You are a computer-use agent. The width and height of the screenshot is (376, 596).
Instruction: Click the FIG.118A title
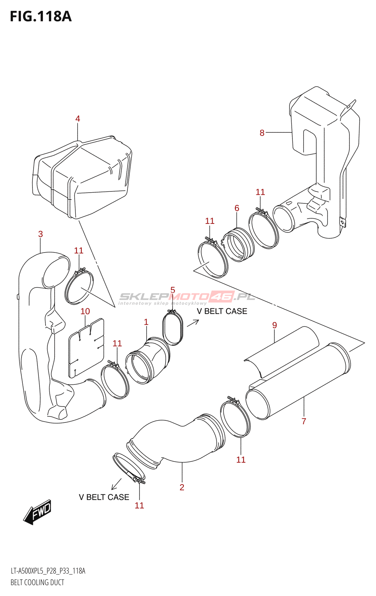tap(40, 16)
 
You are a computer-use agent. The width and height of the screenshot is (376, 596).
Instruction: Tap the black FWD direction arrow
tap(37, 512)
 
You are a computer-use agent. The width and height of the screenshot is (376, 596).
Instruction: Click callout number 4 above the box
tap(78, 119)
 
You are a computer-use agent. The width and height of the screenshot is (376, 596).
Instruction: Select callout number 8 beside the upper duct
tap(262, 133)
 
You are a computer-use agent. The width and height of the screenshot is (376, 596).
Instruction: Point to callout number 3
tap(40, 234)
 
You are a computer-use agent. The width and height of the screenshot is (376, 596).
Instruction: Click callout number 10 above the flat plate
tap(85, 311)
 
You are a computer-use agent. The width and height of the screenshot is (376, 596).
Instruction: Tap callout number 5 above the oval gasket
tap(173, 290)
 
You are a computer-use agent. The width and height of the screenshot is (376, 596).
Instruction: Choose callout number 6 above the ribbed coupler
tap(237, 208)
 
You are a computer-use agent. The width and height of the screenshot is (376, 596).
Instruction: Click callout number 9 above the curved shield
tap(275, 325)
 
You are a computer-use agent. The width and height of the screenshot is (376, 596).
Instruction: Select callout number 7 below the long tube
tap(304, 421)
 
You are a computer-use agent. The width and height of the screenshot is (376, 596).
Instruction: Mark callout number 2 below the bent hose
tap(182, 487)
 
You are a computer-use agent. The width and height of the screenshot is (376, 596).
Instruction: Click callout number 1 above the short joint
tap(146, 322)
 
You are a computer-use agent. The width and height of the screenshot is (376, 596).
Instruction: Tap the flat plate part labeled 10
tap(86, 348)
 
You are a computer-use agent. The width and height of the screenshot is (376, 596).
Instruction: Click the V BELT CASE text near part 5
tap(222, 311)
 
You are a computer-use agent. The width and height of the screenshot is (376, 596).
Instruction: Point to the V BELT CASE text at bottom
tap(104, 497)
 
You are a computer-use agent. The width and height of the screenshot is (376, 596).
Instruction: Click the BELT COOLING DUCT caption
tap(37, 582)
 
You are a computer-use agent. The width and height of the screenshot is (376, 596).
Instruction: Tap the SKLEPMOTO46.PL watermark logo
tap(187, 297)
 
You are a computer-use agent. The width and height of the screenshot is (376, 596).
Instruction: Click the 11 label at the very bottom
tap(139, 505)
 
